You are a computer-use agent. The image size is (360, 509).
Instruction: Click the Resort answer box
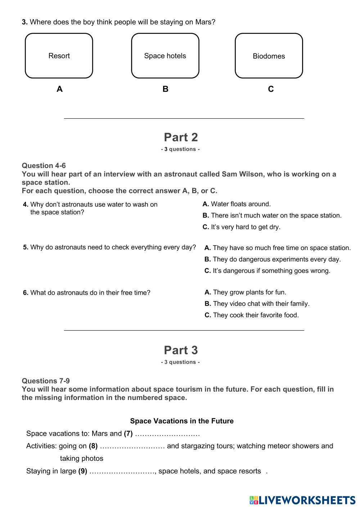[x=59, y=56]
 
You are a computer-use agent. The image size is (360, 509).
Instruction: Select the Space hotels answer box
[x=165, y=56]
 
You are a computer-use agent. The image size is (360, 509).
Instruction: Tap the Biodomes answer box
[x=269, y=56]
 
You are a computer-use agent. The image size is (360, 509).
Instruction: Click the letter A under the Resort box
[x=59, y=89]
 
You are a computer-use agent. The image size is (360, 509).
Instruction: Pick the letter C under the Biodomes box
[x=271, y=89]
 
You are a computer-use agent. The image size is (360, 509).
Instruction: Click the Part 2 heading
[x=181, y=137]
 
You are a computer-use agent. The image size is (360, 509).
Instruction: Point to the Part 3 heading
[x=181, y=350]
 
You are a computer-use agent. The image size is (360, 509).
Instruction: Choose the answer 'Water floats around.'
[x=240, y=204]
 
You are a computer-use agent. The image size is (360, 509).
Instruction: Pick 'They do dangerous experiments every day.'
[x=276, y=259]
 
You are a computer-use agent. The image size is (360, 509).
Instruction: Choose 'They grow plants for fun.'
[x=249, y=292]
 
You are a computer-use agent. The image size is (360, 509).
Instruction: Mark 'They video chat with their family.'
[x=261, y=304]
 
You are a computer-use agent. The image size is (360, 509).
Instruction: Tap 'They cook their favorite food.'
[x=256, y=315]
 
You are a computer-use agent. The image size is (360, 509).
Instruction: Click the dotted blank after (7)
[x=167, y=434]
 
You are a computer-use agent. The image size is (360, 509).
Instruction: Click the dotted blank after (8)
[x=132, y=446]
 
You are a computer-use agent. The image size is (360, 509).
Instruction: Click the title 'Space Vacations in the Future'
[x=182, y=421]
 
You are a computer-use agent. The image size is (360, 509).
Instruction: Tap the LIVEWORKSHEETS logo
[x=302, y=500]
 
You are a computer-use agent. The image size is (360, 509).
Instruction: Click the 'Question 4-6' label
[x=44, y=165]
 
